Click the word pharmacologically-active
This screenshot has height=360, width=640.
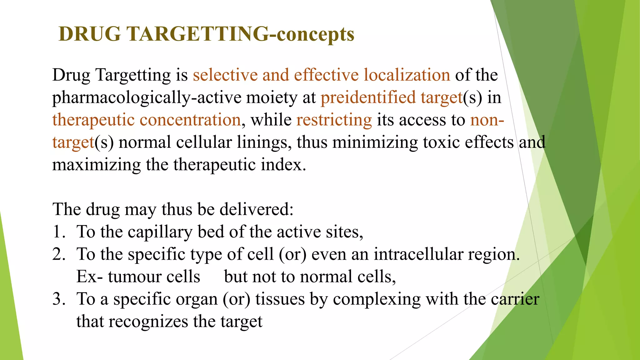tap(147, 97)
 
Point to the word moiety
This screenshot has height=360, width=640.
tap(272, 97)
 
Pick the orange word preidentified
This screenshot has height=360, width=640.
tap(368, 97)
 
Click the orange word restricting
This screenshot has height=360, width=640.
tap(334, 120)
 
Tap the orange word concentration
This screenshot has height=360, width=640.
tap(190, 120)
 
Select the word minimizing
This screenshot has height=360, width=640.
tap(375, 142)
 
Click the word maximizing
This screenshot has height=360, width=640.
tap(97, 165)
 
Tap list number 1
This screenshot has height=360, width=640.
tap(58, 232)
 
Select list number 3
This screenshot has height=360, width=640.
tap(58, 299)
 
